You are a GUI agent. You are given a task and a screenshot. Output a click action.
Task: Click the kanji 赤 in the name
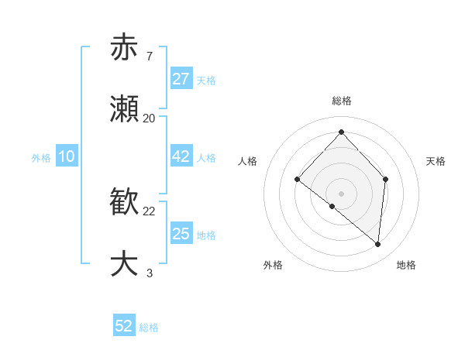pos(124,47)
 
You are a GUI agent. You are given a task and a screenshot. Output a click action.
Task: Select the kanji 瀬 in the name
pos(124,109)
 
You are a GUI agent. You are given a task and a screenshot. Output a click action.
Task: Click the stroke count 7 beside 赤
pos(149,56)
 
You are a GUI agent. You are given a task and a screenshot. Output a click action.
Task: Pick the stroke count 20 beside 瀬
pos(150,118)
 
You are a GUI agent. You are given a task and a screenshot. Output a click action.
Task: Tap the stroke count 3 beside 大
pos(149,273)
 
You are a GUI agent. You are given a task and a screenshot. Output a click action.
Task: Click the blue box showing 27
pos(181,79)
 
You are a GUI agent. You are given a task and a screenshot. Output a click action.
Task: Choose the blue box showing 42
pos(181,156)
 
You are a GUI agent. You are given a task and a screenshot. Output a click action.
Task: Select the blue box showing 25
pos(181,234)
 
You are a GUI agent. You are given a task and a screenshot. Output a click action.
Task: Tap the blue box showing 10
pos(66,156)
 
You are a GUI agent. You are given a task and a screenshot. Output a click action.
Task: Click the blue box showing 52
pos(124,326)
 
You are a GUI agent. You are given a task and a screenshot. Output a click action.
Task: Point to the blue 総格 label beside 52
pos(149,328)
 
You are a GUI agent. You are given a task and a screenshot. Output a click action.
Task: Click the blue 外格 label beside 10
pos(41,158)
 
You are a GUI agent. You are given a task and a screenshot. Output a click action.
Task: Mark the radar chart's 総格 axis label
pos(341,101)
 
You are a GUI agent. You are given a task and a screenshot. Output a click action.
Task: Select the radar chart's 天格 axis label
pos(436,161)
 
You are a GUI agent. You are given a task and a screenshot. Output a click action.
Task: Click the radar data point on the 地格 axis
pos(378,244)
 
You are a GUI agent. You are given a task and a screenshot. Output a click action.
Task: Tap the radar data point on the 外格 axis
pos(332,206)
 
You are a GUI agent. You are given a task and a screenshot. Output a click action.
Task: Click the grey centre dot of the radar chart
pos(341,193)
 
